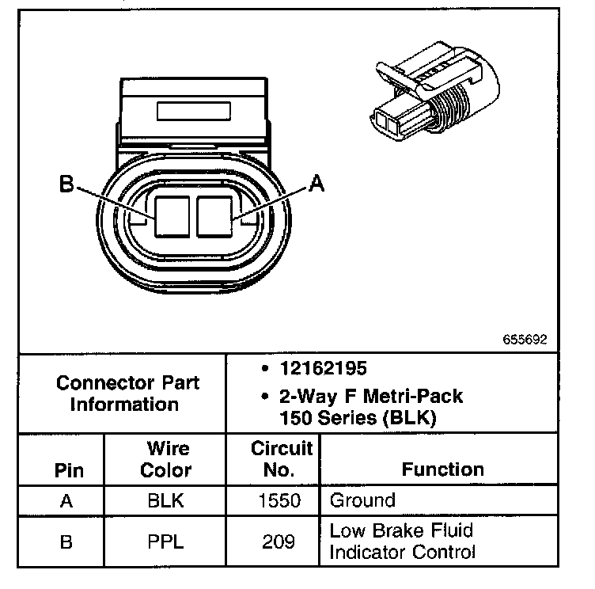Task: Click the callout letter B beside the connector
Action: (x=66, y=184)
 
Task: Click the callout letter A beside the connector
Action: (x=316, y=184)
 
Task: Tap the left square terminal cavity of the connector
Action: (x=172, y=216)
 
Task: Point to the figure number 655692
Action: (x=524, y=338)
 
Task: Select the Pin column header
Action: (x=68, y=469)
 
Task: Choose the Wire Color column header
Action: (x=166, y=459)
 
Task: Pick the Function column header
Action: (x=442, y=469)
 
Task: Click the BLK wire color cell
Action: (x=166, y=500)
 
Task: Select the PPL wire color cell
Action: (x=166, y=541)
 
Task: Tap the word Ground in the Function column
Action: (x=362, y=500)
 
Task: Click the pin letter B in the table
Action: (x=68, y=541)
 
